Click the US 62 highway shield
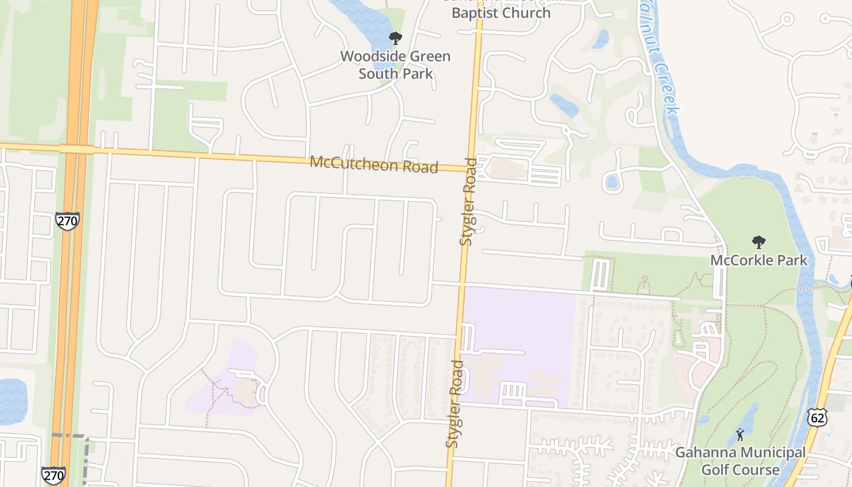pos(817,417)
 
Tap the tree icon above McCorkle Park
pos(758,243)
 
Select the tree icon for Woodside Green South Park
pos(396,39)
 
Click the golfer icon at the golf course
pos(740,435)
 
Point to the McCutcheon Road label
pos(374,164)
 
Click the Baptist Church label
pos(501,12)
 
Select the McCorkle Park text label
pos(759,261)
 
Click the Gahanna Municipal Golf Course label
pos(740,461)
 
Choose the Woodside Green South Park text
pos(396,65)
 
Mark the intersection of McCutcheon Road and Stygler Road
pos(471,169)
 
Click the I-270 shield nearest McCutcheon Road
pos(67,220)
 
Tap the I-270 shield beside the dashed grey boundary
pos(54,475)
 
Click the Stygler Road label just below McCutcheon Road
pos(468,201)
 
